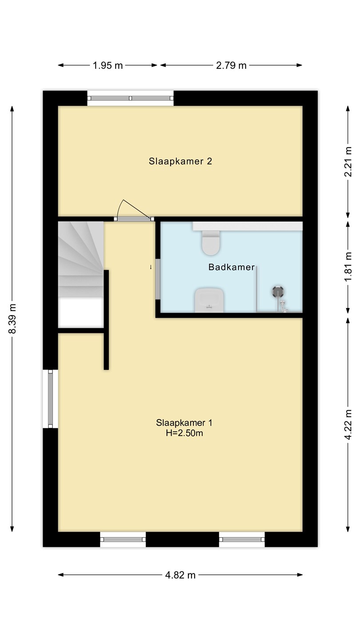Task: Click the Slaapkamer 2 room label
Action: [x=180, y=161]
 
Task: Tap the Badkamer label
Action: [x=232, y=267]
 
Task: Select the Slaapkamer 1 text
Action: [x=184, y=423]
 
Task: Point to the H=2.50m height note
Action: [x=184, y=433]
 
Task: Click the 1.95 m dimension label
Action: [x=108, y=65]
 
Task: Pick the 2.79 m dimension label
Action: [x=231, y=65]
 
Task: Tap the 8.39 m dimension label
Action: [x=12, y=319]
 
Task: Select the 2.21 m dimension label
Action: [x=348, y=162]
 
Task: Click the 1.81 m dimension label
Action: [x=348, y=267]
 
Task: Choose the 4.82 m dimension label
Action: [x=180, y=575]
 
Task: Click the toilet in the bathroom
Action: [x=211, y=243]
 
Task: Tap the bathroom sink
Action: [x=209, y=300]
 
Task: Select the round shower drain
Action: [x=278, y=292]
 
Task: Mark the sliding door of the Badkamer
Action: [x=157, y=279]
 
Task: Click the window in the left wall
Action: [x=51, y=399]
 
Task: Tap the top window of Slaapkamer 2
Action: [x=130, y=98]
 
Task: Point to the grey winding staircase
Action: [x=81, y=260]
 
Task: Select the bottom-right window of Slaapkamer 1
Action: [x=242, y=540]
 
